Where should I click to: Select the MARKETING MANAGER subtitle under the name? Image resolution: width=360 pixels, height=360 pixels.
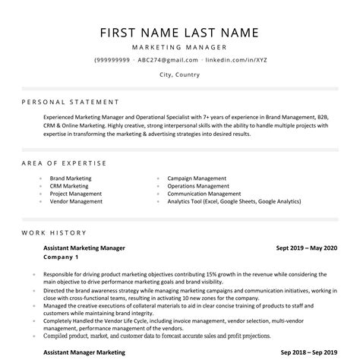point(180,47)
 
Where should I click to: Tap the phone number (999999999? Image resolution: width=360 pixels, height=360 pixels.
point(113,59)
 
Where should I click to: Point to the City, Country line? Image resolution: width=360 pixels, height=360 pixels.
point(180,75)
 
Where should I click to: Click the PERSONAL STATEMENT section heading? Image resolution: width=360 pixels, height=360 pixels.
point(71,101)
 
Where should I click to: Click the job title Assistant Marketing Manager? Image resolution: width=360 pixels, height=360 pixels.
point(84,248)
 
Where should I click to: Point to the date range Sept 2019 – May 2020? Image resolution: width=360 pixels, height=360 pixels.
point(306,248)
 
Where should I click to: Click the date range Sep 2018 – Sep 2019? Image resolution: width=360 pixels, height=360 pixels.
point(308,352)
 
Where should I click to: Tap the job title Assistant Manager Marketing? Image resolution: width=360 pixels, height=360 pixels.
point(84,352)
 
